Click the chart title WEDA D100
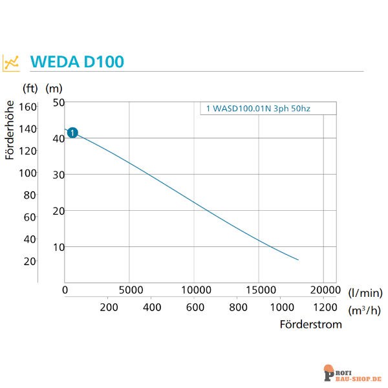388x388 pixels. point(77,62)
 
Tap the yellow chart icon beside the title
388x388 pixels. point(12,62)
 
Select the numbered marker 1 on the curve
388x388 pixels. point(72,133)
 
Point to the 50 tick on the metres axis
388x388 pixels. point(59,102)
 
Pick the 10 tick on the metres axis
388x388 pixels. point(59,247)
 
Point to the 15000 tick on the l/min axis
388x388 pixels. point(259,289)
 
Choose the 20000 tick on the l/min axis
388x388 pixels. point(324,289)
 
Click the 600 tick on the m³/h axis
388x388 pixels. point(195,307)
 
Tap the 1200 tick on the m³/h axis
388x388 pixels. point(325,307)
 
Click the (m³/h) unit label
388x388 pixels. point(364,310)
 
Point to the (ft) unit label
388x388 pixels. point(30,88)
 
